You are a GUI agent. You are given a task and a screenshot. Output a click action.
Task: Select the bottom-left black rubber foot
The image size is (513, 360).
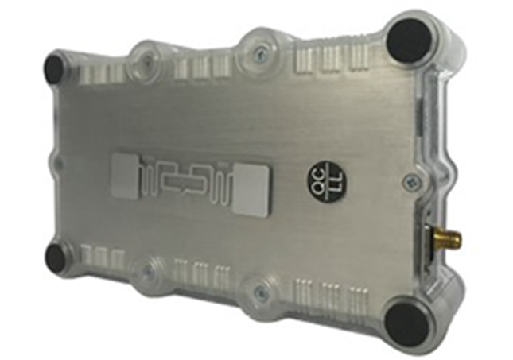tap(57, 256)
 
